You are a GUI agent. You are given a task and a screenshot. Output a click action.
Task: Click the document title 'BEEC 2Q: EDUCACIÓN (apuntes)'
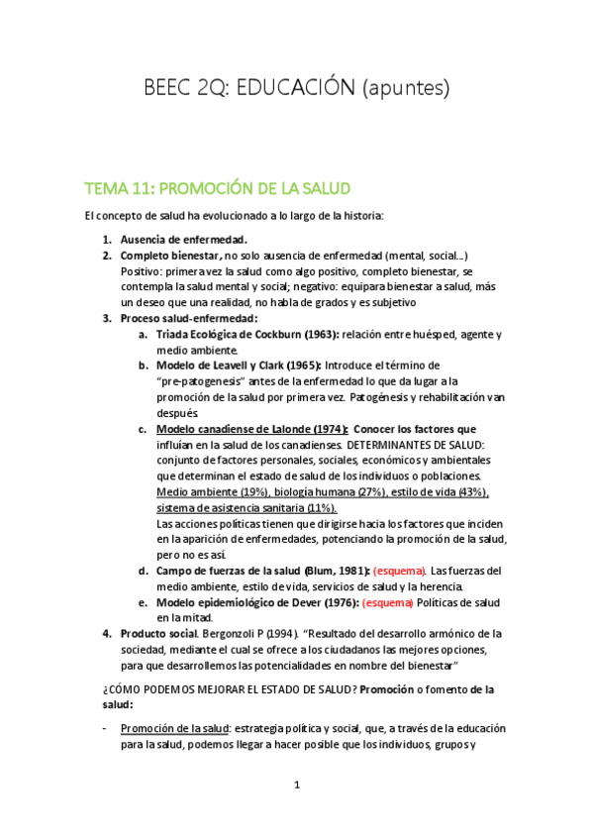296,88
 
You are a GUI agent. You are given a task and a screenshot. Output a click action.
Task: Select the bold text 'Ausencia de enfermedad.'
183,240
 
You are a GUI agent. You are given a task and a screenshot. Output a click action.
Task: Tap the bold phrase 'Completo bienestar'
168,255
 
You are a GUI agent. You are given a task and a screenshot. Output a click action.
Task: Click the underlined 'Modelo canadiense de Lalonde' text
248,429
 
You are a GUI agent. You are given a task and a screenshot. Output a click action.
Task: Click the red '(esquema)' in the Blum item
399,571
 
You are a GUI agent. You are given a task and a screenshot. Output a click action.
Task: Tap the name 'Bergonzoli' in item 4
233,634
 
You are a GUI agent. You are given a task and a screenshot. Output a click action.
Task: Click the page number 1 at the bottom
296,786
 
